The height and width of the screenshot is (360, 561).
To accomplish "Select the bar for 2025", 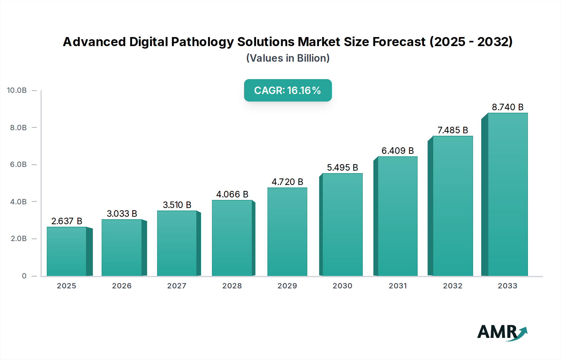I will point(67,252).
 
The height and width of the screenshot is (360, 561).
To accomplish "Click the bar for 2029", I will point(287,232).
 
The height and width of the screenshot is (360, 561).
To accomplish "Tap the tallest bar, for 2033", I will point(508,195).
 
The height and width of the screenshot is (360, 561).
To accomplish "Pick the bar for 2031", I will point(397,216).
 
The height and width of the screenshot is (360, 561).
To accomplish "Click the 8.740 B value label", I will point(507,107).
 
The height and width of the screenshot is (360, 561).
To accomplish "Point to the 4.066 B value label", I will point(232,194).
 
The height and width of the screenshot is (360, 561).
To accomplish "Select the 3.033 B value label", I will point(122,214).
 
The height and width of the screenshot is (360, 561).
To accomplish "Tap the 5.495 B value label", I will point(342,168).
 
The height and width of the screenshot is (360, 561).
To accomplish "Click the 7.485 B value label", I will point(453,130).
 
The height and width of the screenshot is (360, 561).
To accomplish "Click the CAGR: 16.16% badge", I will point(288,90).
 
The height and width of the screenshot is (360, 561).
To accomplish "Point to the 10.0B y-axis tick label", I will point(17,90).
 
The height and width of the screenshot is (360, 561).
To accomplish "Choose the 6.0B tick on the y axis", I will point(18,164).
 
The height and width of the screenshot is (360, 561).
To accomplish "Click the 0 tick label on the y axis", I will point(24,276).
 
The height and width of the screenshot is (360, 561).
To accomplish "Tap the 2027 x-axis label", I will point(177,286).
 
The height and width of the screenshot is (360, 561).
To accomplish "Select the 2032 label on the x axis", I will point(453,286).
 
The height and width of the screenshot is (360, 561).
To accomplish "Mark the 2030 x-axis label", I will point(342,286).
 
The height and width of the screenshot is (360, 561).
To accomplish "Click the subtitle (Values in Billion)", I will point(288,58).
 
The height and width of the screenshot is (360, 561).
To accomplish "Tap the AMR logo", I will point(502,332).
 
